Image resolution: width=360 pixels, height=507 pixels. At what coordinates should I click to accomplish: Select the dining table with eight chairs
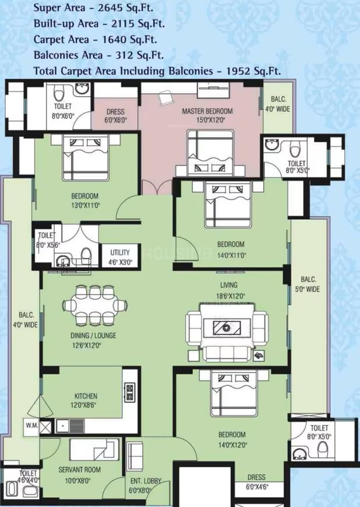96,305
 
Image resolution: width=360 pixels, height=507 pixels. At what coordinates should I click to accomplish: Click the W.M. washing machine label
31,425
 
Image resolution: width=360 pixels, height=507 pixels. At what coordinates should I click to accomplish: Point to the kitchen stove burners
129,392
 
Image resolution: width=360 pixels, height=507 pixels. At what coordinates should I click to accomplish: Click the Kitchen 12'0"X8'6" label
86,400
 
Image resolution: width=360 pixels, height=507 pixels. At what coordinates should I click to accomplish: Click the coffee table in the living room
227,327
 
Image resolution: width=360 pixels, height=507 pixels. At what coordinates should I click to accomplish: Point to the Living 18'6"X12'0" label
230,290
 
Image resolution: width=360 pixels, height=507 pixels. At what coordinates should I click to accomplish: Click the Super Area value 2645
111,8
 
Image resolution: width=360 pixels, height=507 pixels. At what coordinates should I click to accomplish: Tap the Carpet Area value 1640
115,40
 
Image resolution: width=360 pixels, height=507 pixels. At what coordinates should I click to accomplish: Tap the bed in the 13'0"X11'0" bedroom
86,157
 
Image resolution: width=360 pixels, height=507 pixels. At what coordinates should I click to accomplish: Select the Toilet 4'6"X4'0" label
28,477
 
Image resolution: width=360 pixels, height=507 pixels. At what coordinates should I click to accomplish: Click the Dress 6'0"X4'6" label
256,482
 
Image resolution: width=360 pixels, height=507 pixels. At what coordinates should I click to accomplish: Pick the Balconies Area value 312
124,55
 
